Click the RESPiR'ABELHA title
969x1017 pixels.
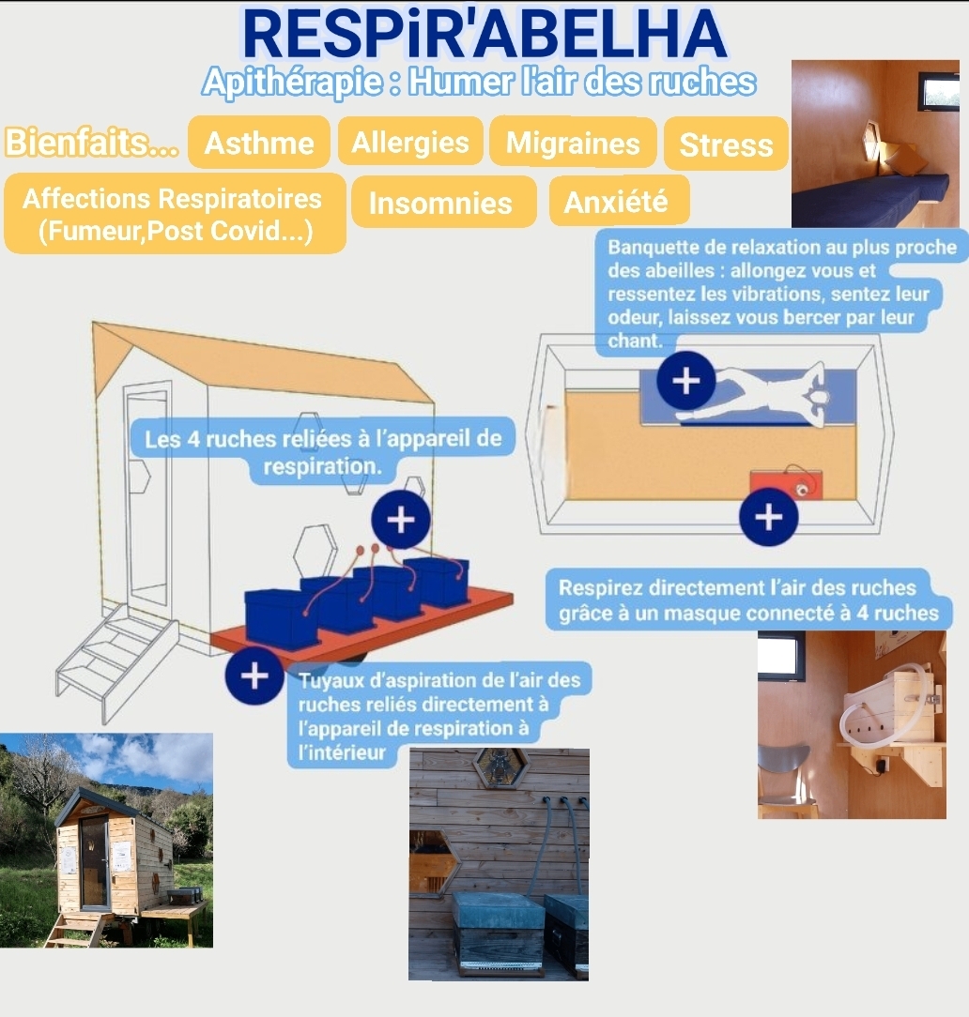[484, 35]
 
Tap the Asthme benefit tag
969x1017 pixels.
[259, 143]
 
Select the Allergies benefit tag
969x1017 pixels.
[410, 142]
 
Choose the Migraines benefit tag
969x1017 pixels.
[573, 143]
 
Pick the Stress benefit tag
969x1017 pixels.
[726, 144]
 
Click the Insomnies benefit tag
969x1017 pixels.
[440, 203]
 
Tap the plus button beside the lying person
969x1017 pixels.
[686, 381]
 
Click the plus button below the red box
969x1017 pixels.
[768, 517]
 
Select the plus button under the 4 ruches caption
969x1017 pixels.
[400, 520]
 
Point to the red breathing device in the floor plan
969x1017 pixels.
[786, 484]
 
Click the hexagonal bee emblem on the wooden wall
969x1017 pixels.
[499, 767]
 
